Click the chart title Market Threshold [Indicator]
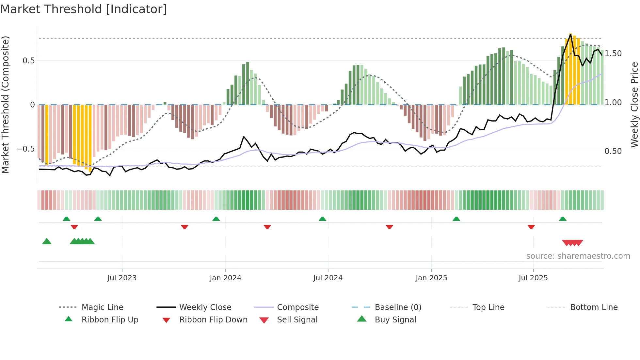point(84,9)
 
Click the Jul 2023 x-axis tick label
point(122,278)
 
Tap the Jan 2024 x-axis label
point(225,278)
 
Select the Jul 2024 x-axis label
point(328,278)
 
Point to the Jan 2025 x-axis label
point(431,278)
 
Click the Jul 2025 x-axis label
point(533,278)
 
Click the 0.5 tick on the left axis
point(28,61)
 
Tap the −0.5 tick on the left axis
point(25,149)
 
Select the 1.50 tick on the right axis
point(613,54)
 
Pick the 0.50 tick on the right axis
point(613,151)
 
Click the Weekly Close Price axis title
point(634,105)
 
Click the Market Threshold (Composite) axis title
point(5,105)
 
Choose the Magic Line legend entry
point(102,307)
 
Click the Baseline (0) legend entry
point(398,307)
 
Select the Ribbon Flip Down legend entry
point(213,320)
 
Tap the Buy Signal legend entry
point(395,320)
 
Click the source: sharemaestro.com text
point(578,256)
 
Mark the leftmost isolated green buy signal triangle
point(47,241)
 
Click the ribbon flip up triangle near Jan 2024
point(216,219)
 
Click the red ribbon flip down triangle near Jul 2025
point(531,227)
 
